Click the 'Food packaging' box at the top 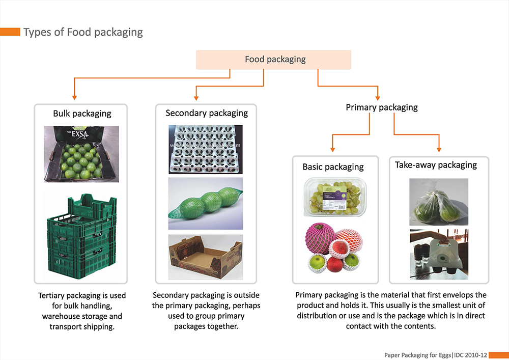point(274,60)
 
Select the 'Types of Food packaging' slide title point(83,32)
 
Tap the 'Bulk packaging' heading point(82,113)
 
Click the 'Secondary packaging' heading point(207,113)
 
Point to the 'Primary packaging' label point(381,107)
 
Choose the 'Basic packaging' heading point(333,167)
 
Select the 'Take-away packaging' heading point(436,165)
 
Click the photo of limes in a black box point(81,154)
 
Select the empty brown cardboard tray point(206,257)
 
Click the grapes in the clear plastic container point(334,196)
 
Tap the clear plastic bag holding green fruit point(436,202)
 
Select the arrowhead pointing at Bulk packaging point(74,96)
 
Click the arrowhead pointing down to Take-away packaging point(439,149)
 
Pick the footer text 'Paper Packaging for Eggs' point(416,354)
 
